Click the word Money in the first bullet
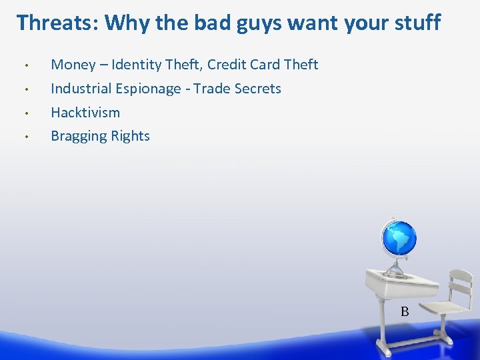click(73, 65)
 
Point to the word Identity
click(137, 65)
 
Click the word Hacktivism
click(85, 112)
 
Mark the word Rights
click(131, 137)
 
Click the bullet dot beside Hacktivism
click(25, 113)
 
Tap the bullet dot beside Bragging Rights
click(25, 137)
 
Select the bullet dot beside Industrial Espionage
click(25, 89)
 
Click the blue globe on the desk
click(398, 239)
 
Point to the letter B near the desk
click(404, 311)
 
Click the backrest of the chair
click(459, 284)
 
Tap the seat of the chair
click(444, 308)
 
